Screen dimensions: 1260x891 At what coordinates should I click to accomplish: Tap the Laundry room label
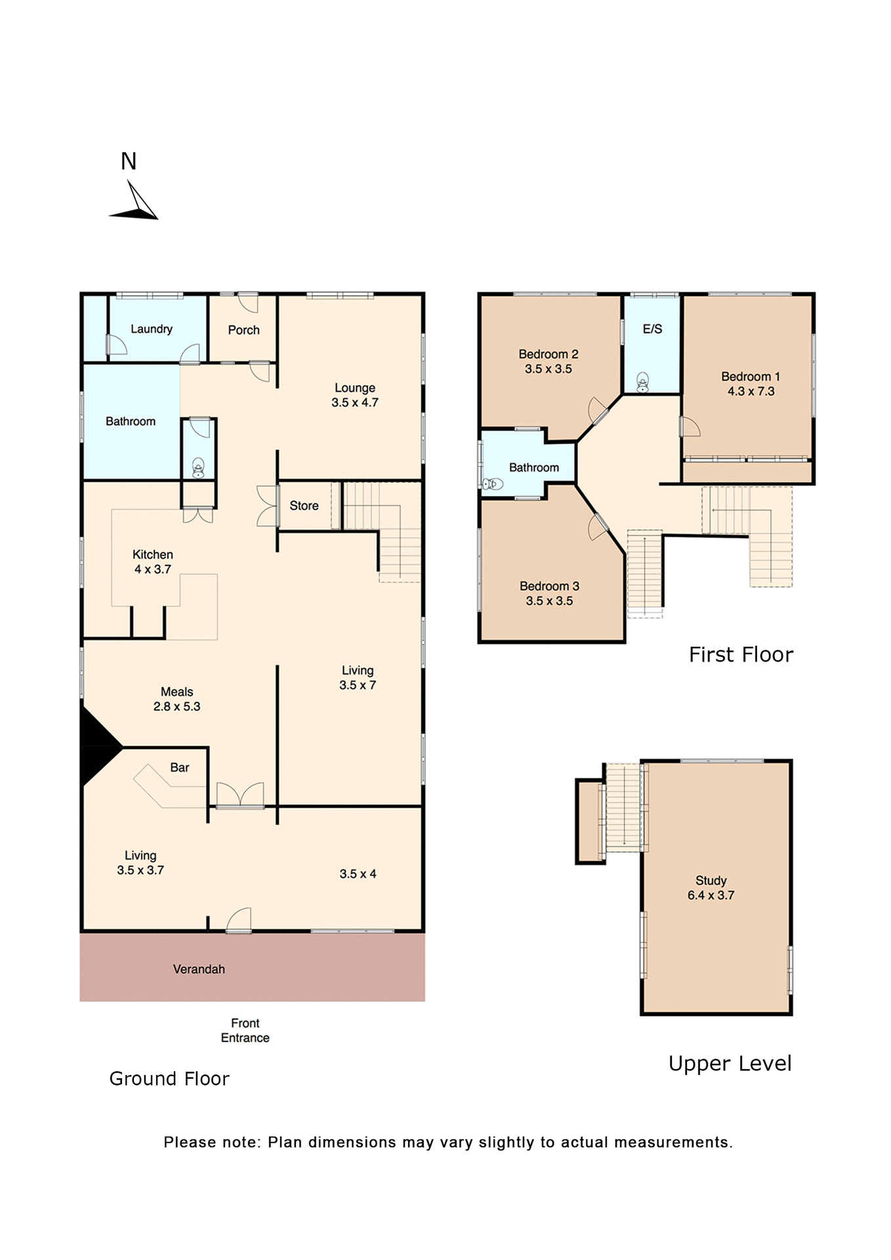coord(152,329)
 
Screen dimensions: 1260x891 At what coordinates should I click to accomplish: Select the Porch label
coord(243,330)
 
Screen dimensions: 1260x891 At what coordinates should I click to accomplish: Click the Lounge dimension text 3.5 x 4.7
coord(354,402)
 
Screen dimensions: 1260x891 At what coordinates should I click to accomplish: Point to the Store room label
coord(304,506)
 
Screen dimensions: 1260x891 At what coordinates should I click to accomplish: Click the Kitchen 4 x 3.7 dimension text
coord(153,569)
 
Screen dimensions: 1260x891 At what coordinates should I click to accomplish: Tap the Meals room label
coord(176,692)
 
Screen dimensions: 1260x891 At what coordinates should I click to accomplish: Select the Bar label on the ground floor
coord(179,767)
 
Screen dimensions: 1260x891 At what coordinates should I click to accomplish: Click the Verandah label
coord(199,969)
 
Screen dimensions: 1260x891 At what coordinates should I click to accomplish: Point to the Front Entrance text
coord(245,1030)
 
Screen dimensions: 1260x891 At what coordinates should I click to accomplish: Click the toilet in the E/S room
coord(643,383)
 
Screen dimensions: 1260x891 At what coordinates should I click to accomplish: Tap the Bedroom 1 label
coord(750,377)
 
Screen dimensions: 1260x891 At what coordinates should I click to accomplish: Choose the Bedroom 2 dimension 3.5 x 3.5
coord(548,369)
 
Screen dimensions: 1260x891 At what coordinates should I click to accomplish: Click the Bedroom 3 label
coord(549,586)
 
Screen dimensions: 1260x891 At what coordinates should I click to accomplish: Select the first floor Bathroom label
coord(534,467)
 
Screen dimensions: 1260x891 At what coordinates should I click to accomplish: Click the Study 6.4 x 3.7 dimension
coord(711,895)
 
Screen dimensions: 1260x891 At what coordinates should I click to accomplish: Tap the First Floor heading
coord(741,654)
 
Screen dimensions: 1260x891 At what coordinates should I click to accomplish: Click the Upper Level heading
coord(730,1063)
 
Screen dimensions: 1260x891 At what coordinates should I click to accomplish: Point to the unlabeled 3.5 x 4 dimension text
coord(358,873)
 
